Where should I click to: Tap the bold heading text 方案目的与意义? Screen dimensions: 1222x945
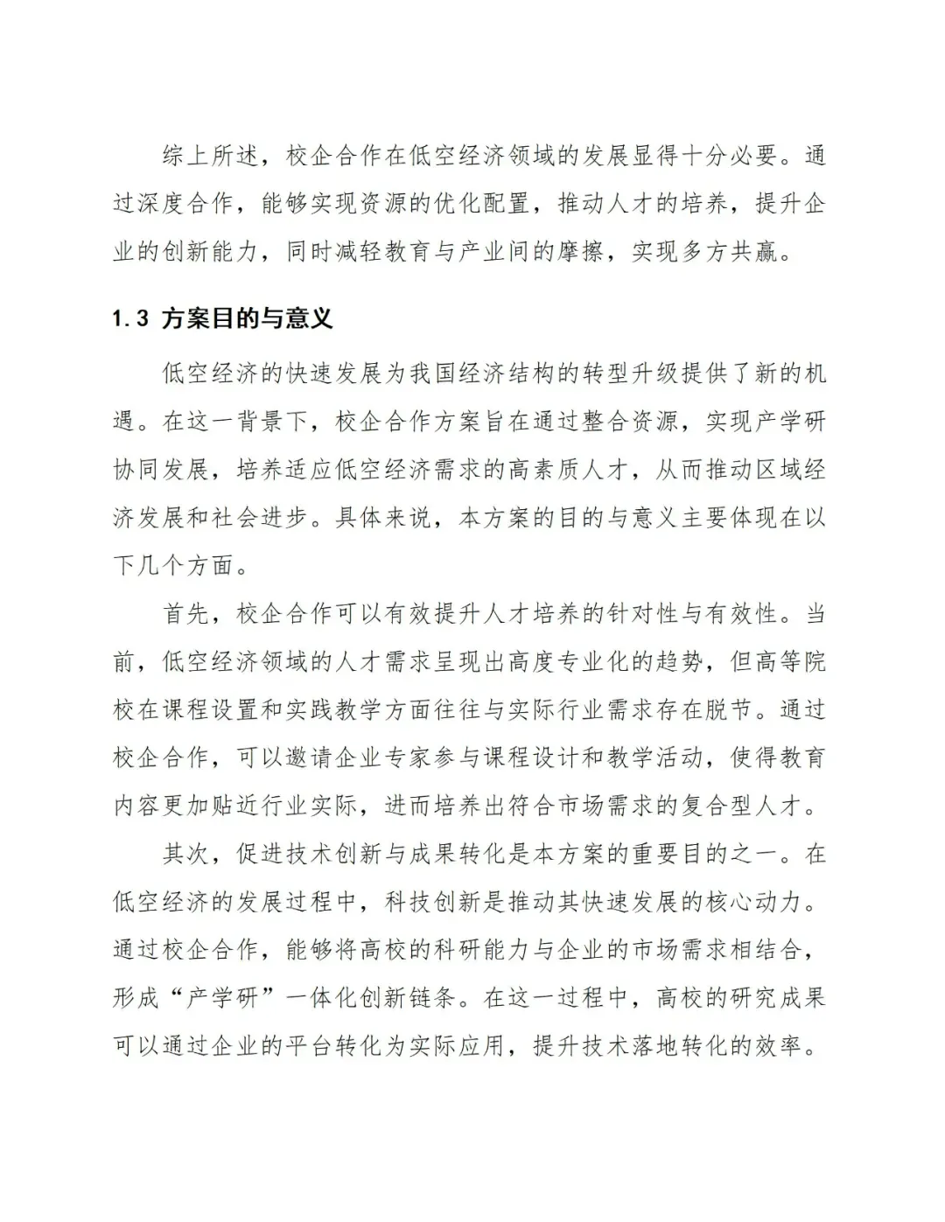coord(248,318)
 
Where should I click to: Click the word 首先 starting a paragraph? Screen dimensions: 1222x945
coord(186,613)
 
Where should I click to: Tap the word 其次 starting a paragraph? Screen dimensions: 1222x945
coord(186,854)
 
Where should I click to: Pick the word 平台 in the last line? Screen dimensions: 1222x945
coord(310,1045)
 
